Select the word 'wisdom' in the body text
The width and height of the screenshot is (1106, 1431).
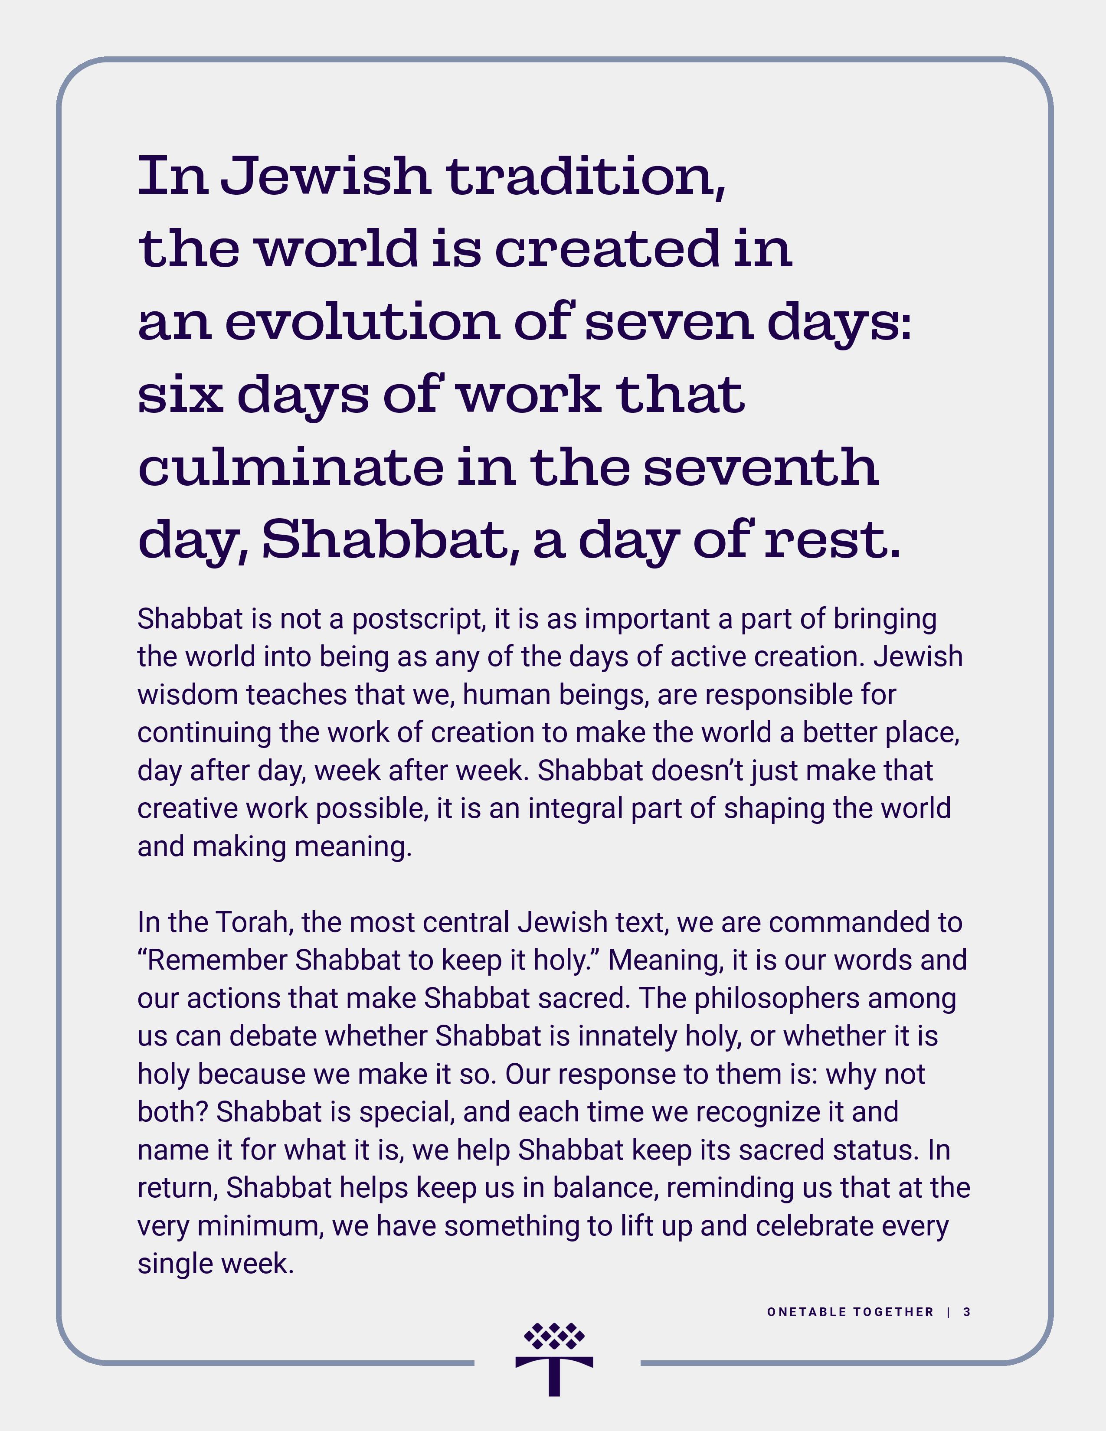(187, 695)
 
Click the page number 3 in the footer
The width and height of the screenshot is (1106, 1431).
(966, 1312)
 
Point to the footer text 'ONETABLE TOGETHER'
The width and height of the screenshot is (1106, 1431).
(850, 1312)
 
